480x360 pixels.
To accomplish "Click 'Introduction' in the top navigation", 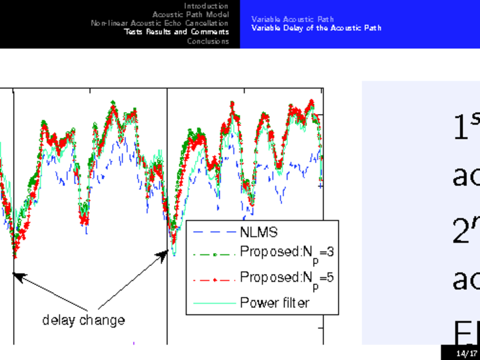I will (206, 5).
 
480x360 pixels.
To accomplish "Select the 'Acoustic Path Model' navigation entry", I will (190, 14).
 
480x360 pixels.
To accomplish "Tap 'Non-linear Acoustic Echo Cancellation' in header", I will (160, 23).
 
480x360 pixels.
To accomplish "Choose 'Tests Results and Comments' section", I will (176, 32).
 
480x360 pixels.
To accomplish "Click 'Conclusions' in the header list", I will (208, 41).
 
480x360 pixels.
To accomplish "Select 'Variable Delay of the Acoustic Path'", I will (316, 28).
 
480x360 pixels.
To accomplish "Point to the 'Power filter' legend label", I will (274, 302).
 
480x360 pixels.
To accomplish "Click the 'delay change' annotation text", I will (83, 320).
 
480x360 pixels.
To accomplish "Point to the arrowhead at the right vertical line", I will (161, 256).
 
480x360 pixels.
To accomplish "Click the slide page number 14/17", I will (461, 353).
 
